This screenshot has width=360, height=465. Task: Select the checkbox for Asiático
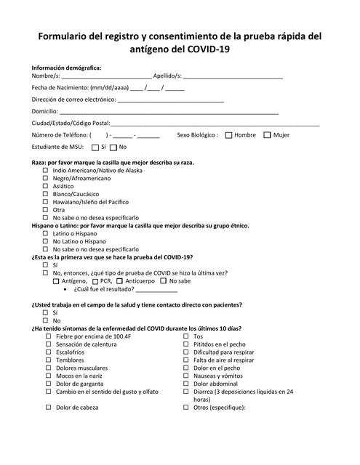click(x=46, y=186)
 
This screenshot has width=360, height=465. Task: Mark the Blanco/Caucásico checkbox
click(x=46, y=194)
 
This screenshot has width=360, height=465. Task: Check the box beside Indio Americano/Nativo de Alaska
click(x=46, y=170)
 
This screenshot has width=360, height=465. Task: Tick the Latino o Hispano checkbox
click(x=46, y=234)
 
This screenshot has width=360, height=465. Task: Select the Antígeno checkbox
click(x=57, y=280)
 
